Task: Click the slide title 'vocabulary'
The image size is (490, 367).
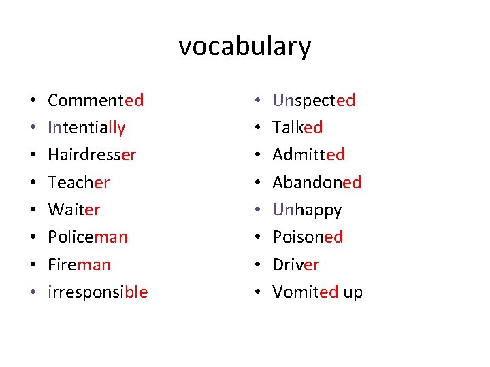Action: pyautogui.click(x=245, y=47)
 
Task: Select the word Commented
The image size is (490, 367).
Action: pyautogui.click(x=95, y=101)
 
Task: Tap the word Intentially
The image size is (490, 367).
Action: pyautogui.click(x=86, y=128)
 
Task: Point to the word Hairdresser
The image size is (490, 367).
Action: pyautogui.click(x=92, y=155)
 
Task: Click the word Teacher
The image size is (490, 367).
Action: pyautogui.click(x=78, y=182)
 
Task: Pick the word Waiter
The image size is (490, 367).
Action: pyautogui.click(x=73, y=210)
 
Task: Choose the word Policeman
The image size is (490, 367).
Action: pyautogui.click(x=88, y=237)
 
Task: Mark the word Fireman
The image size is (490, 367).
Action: pyautogui.click(x=79, y=264)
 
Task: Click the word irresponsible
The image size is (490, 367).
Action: pyautogui.click(x=97, y=292)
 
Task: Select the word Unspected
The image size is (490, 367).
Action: pyautogui.click(x=314, y=101)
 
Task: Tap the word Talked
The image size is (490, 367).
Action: pyautogui.click(x=297, y=128)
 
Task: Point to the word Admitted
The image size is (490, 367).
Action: pyautogui.click(x=308, y=155)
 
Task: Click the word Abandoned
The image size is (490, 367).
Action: pyautogui.click(x=316, y=182)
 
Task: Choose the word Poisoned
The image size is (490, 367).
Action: pyautogui.click(x=308, y=237)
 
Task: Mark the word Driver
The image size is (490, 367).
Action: pyautogui.click(x=295, y=264)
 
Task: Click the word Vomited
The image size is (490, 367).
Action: pyautogui.click(x=305, y=292)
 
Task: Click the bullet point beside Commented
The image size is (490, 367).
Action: pyautogui.click(x=33, y=101)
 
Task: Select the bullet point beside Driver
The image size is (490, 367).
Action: pyautogui.click(x=257, y=265)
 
